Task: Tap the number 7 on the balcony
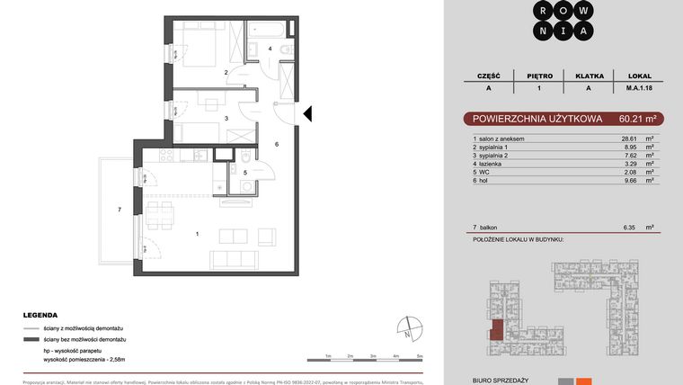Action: (x=120, y=210)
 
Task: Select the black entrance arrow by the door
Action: (x=306, y=114)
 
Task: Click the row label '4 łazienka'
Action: (x=490, y=164)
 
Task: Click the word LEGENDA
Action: (x=40, y=316)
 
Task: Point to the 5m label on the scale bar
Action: (x=419, y=357)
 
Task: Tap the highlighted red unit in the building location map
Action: (x=496, y=331)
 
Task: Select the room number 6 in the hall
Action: (x=277, y=144)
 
